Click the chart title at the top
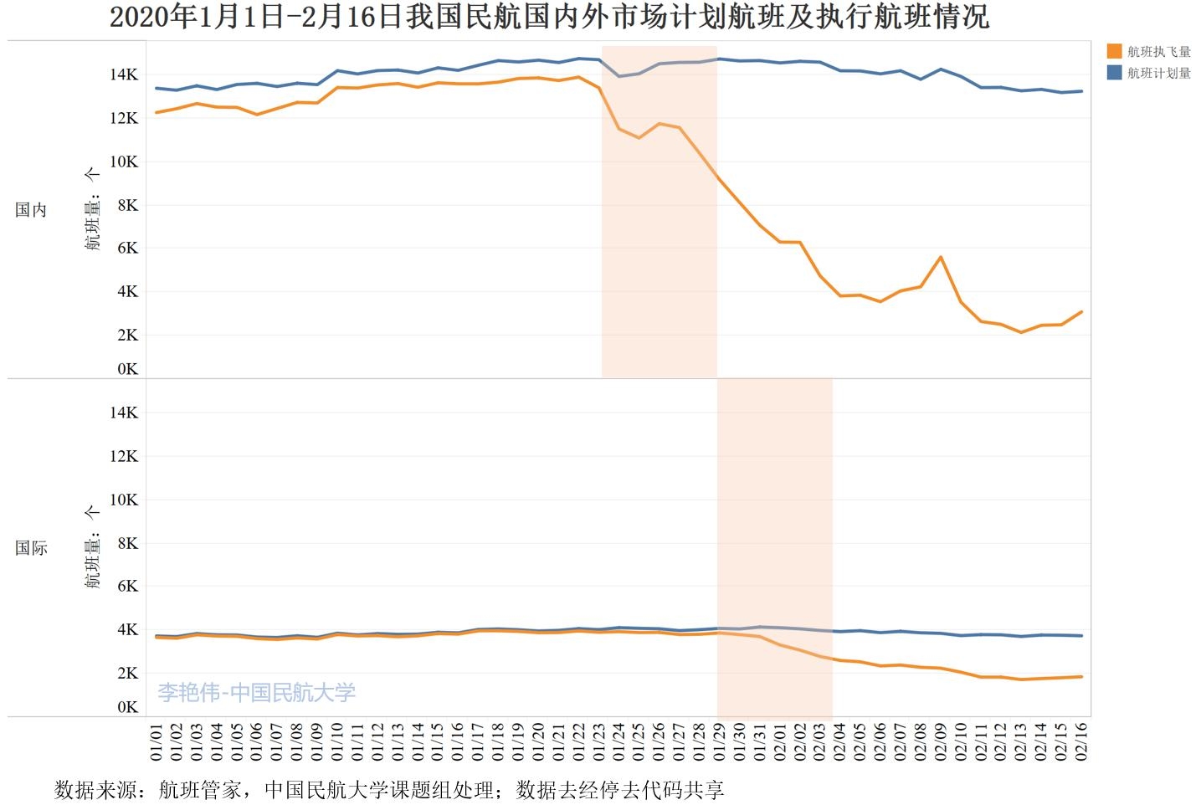click(549, 18)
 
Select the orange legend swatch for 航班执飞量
click(1114, 51)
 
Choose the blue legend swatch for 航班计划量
click(1114, 73)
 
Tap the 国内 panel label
click(31, 210)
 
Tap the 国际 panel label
click(31, 548)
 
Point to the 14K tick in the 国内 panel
click(124, 74)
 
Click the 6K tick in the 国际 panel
click(127, 586)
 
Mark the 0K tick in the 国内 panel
click(127, 369)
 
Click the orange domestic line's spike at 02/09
click(941, 257)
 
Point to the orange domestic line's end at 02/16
click(1081, 312)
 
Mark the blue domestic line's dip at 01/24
click(619, 76)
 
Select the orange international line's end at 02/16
click(1081, 676)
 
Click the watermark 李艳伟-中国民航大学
click(257, 692)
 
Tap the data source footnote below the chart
click(389, 790)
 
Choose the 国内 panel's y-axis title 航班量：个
click(92, 209)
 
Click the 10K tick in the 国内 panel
click(124, 162)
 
